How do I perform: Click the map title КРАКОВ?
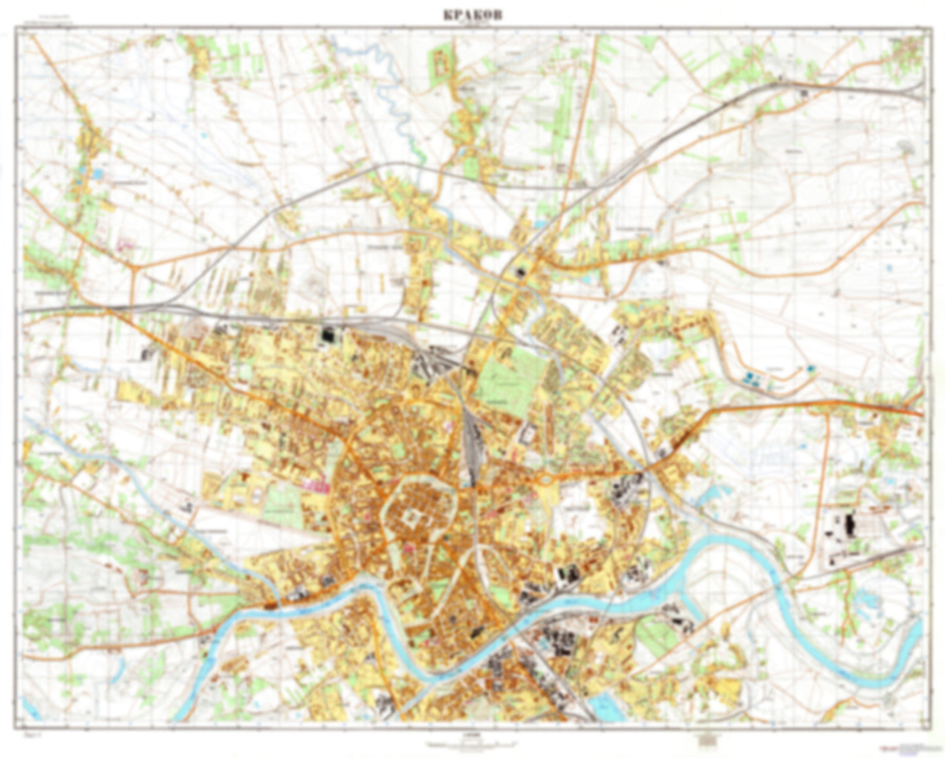(x=472, y=16)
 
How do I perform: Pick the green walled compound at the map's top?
(x=441, y=63)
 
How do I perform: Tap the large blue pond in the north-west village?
(x=97, y=174)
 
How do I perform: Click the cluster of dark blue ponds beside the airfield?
(x=752, y=377)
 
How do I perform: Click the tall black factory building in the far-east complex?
(x=850, y=524)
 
